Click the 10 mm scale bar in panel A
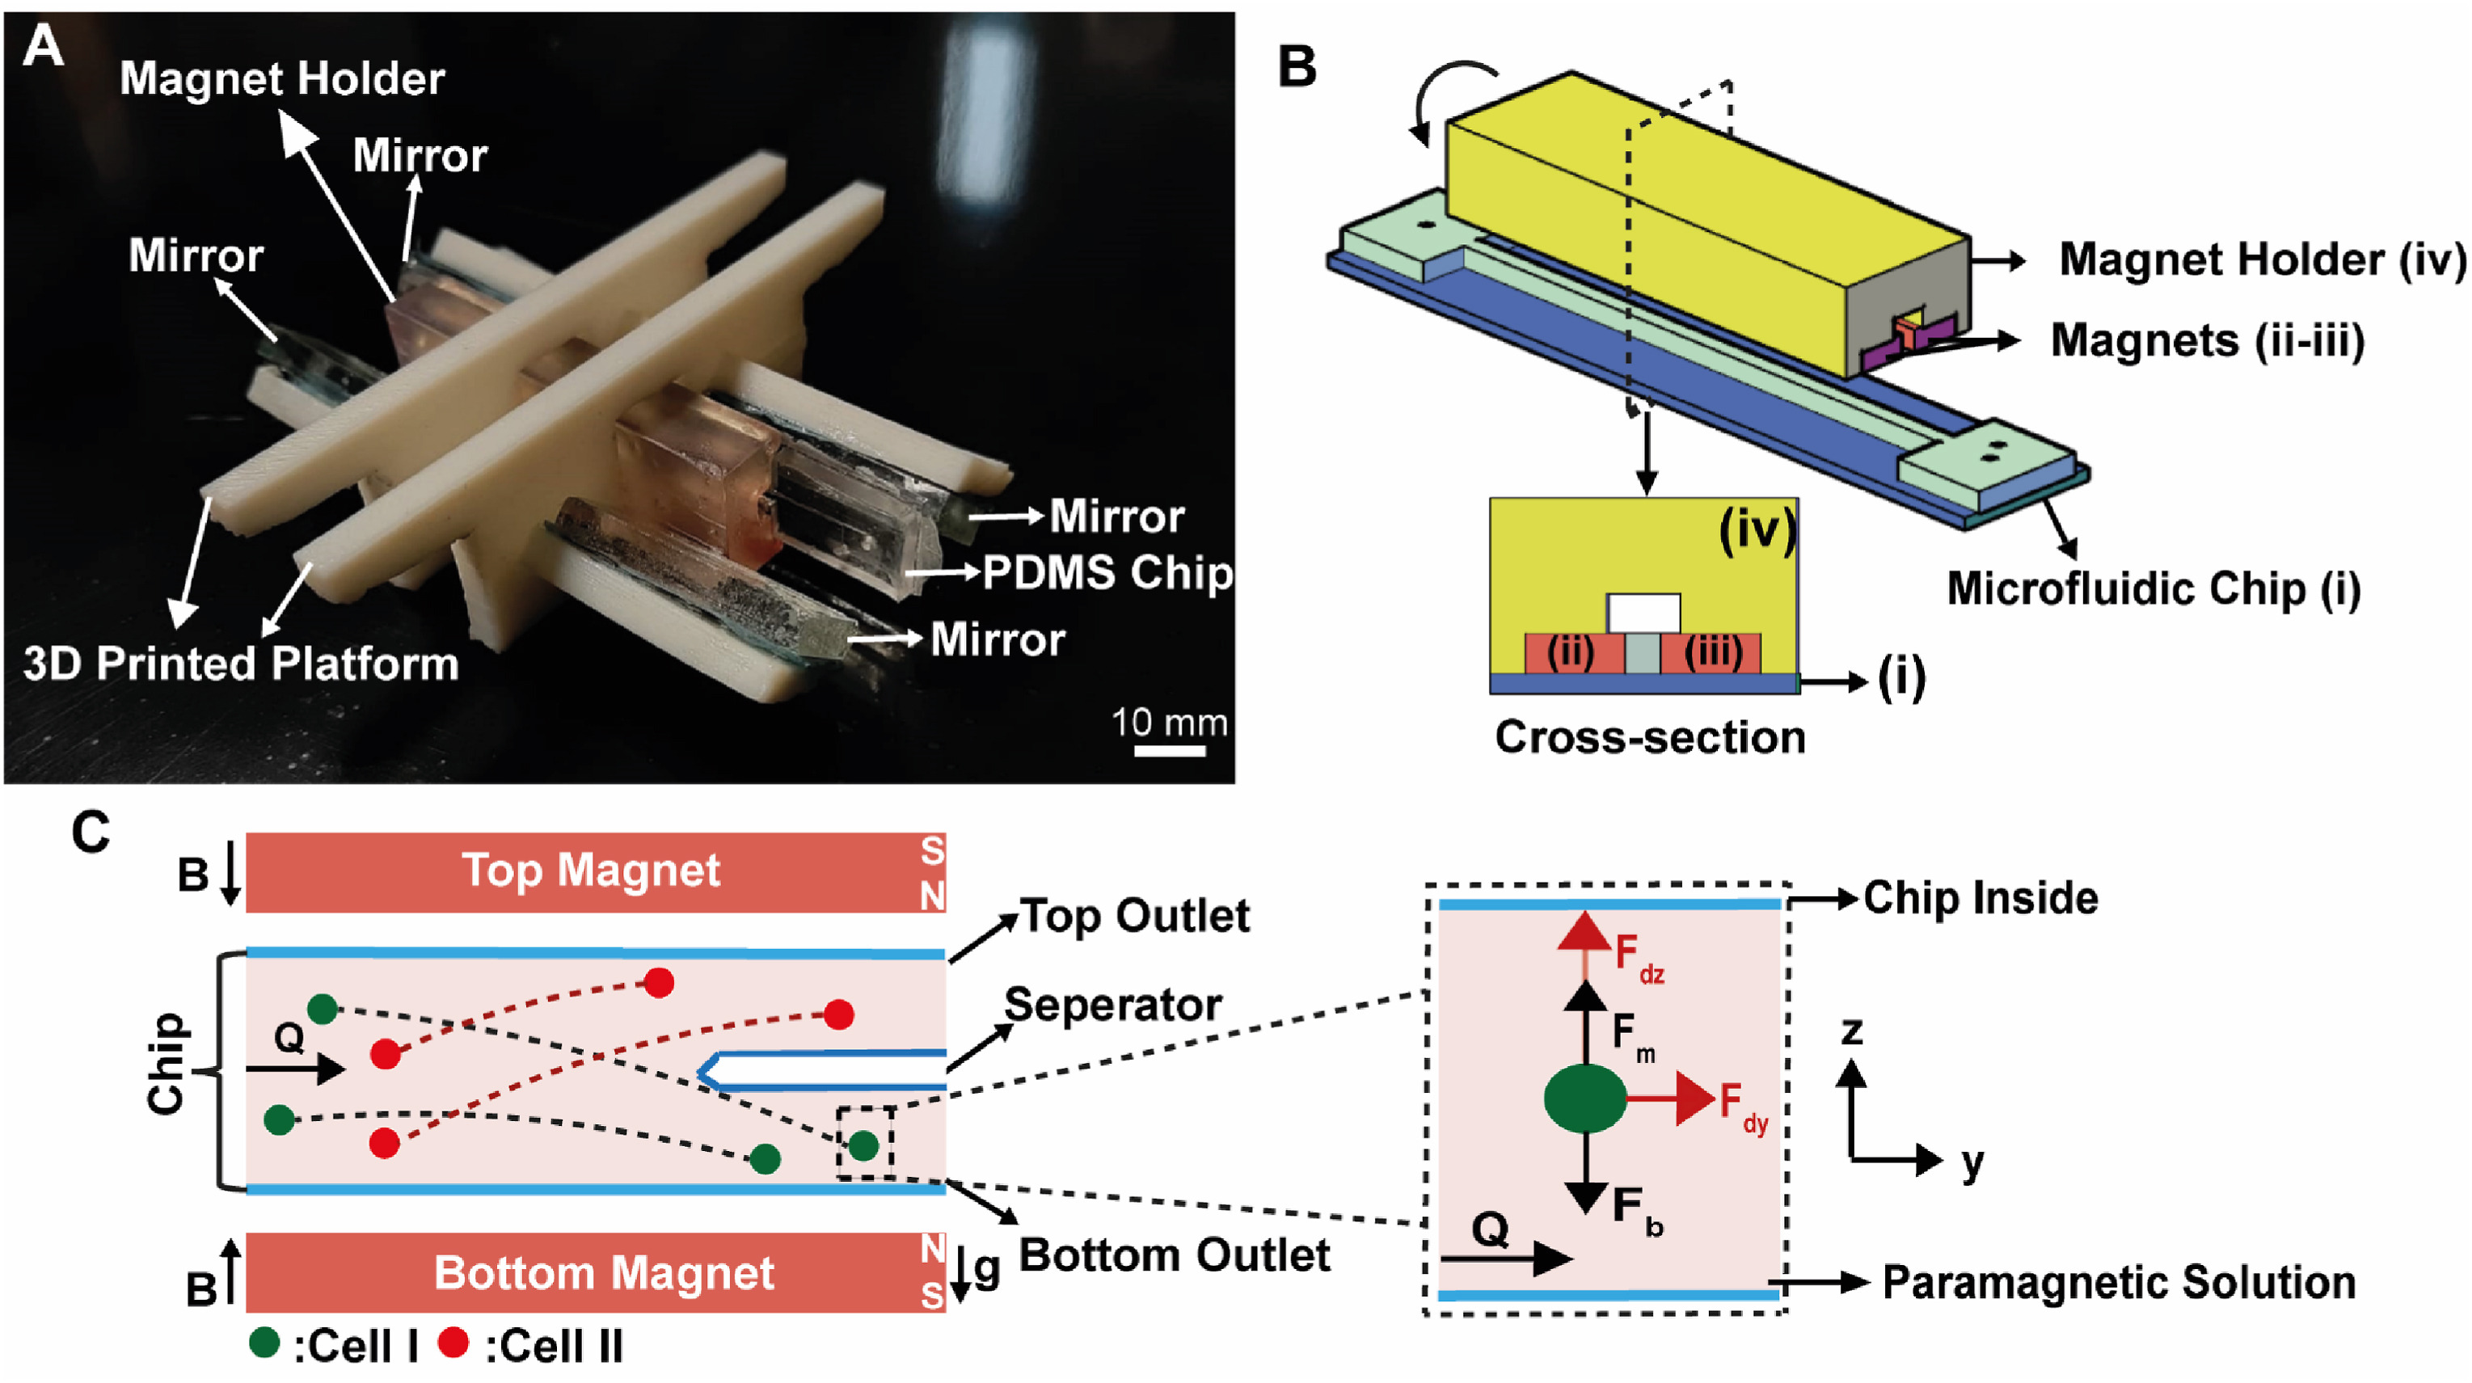(x=1169, y=751)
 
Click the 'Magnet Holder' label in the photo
(x=281, y=78)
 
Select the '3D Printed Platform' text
(x=240, y=663)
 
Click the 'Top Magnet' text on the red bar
(x=590, y=871)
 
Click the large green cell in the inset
(x=1585, y=1099)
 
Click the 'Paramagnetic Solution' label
(x=2119, y=1282)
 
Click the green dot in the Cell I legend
(x=264, y=1343)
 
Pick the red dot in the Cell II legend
(x=453, y=1343)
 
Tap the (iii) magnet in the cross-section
(x=1712, y=652)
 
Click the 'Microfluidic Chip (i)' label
(x=2154, y=588)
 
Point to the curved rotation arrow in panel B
(x=1449, y=96)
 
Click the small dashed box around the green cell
(x=865, y=1142)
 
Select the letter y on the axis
(x=1972, y=1163)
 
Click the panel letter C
(x=91, y=832)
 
